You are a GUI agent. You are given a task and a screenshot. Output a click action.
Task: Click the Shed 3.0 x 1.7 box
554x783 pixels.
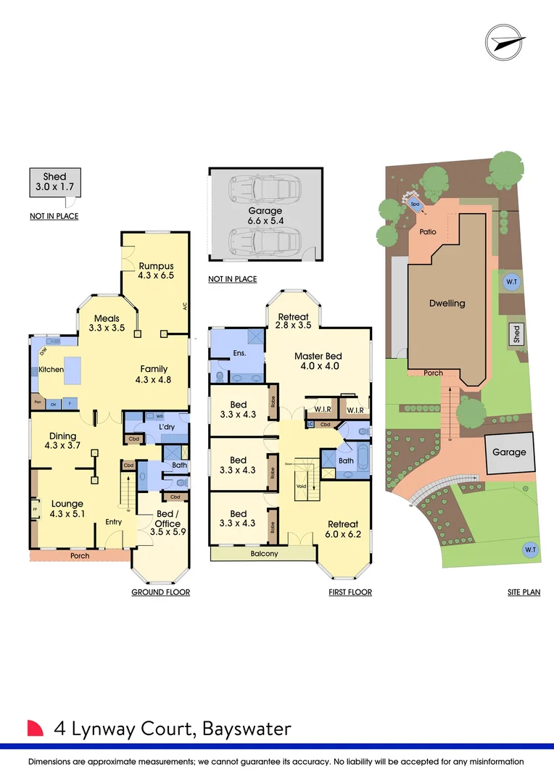[54, 182]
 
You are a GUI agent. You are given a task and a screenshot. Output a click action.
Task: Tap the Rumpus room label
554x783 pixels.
[156, 270]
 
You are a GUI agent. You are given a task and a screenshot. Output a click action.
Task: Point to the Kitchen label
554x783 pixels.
[51, 370]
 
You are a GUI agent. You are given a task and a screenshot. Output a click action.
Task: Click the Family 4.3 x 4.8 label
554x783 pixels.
[154, 374]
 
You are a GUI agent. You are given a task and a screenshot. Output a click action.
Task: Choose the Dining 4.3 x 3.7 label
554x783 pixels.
[63, 441]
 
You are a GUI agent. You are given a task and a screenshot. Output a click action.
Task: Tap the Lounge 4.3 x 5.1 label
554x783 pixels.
[67, 509]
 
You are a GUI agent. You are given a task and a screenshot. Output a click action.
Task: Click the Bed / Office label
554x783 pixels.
[167, 519]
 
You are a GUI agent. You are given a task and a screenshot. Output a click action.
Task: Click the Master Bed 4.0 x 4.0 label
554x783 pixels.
[318, 361]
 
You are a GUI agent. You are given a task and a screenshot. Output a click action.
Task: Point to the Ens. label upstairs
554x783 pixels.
[239, 353]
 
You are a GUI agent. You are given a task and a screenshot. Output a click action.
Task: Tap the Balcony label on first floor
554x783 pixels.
[264, 554]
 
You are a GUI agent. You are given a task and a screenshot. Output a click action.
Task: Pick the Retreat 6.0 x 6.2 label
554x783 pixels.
[343, 529]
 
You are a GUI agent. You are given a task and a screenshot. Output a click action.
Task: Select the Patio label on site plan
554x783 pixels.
[428, 232]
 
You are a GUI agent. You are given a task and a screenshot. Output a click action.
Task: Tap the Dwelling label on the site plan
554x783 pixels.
[447, 303]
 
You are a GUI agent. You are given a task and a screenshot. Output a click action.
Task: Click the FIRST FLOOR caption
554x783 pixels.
[350, 592]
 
